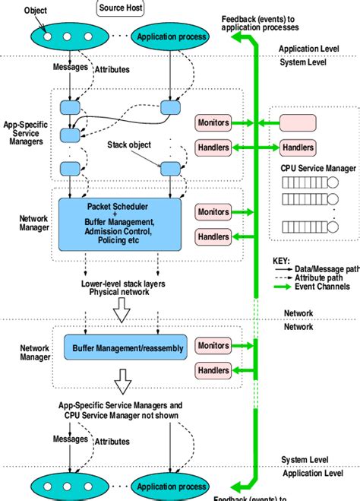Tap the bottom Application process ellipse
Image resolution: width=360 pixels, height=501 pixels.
click(x=170, y=486)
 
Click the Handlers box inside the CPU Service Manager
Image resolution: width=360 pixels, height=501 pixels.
click(x=298, y=147)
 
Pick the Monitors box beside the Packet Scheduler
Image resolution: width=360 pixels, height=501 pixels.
click(x=213, y=211)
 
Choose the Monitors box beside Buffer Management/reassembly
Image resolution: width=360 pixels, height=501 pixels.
click(x=213, y=346)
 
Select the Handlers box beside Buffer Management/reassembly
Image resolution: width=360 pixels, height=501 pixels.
click(x=213, y=370)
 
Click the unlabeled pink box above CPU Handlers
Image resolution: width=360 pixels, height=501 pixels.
click(x=298, y=122)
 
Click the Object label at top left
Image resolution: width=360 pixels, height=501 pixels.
click(x=35, y=11)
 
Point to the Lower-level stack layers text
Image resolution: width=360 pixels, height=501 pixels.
click(x=122, y=283)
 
